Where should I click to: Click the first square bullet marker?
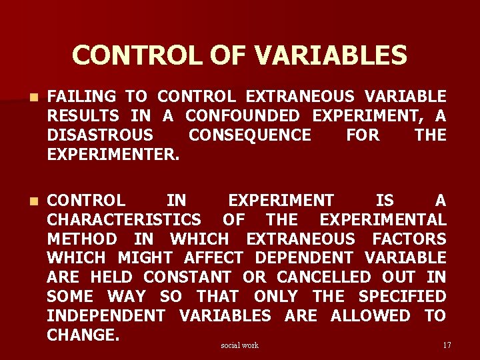pos(25,97)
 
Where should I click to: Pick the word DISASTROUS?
pos(100,135)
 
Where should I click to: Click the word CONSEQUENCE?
pos(250,135)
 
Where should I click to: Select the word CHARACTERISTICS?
pos(124,219)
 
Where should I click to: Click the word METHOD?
pos(82,239)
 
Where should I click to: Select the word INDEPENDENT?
pos(106,315)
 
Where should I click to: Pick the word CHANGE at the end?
pos(82,335)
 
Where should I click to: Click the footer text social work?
pos(239,345)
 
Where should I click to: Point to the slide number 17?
pos(447,345)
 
